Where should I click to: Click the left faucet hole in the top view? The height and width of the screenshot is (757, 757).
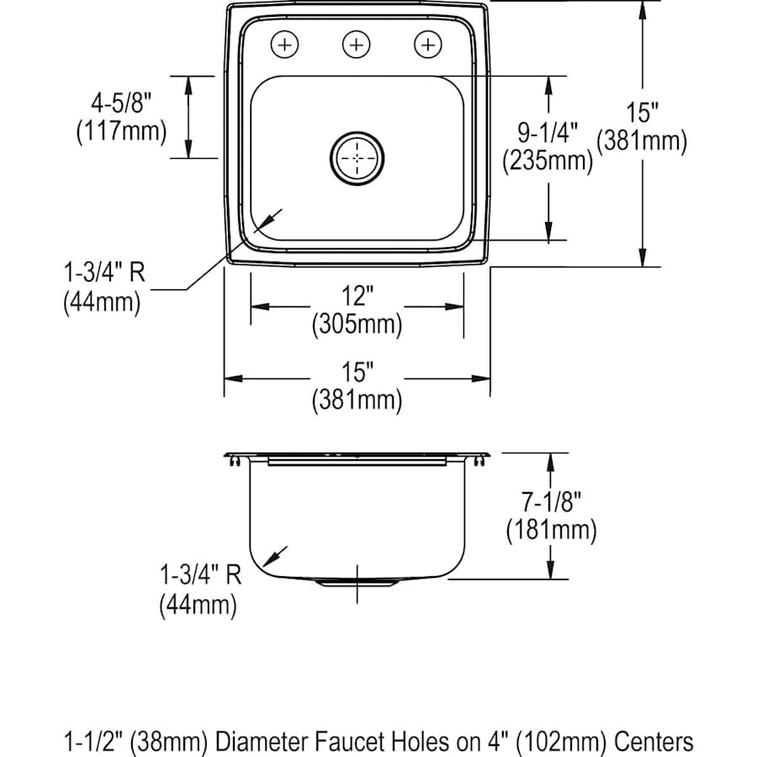(287, 44)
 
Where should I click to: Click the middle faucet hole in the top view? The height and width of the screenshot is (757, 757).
(357, 44)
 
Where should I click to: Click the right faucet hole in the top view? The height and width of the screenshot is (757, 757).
(429, 44)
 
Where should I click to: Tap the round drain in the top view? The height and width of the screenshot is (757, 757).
(357, 157)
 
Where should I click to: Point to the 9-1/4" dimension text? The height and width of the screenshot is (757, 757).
(547, 132)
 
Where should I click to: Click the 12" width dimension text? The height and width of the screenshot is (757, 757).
(357, 295)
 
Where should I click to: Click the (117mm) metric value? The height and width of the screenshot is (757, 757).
(120, 132)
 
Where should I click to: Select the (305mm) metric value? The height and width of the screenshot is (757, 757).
(357, 323)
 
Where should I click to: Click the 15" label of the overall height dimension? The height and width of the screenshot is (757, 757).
(642, 113)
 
